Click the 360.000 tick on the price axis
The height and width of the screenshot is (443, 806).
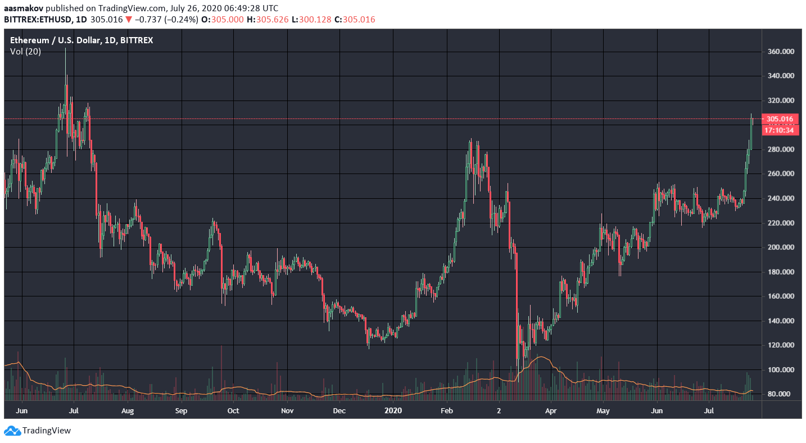(780, 52)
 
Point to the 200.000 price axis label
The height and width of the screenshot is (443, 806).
(780, 248)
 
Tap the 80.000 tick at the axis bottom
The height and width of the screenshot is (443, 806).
(780, 394)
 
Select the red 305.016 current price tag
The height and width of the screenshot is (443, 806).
(780, 119)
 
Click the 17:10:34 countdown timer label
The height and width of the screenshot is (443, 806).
(780, 130)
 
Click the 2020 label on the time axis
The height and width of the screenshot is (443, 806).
(394, 410)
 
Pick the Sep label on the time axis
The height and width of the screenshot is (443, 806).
(180, 410)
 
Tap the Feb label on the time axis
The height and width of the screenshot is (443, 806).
(447, 410)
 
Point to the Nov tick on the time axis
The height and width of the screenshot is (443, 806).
(287, 410)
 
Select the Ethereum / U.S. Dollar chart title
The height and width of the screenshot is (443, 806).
(81, 40)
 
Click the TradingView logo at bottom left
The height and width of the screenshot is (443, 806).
(38, 431)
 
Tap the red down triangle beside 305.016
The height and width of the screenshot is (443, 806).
(129, 20)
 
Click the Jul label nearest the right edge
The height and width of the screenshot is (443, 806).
(709, 410)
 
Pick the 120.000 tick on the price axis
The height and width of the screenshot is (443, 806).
(780, 345)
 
